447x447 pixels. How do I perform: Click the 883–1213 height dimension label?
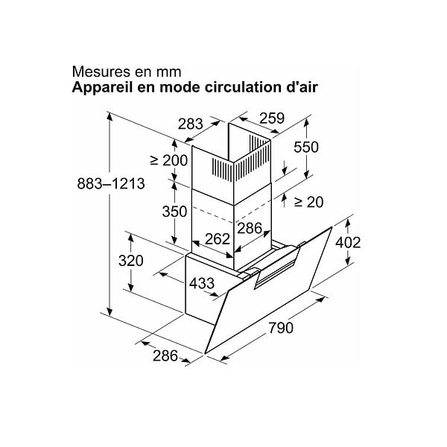pyautogui.click(x=111, y=183)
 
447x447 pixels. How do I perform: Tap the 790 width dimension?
pyautogui.click(x=281, y=328)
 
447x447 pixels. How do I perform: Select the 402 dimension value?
pyautogui.click(x=348, y=243)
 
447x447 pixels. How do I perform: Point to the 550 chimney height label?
pyautogui.click(x=306, y=148)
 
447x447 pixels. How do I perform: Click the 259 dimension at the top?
pyautogui.click(x=272, y=118)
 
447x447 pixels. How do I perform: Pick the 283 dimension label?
pyautogui.click(x=191, y=124)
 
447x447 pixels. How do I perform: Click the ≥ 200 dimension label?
pyautogui.click(x=169, y=160)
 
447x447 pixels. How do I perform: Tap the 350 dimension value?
pyautogui.click(x=174, y=212)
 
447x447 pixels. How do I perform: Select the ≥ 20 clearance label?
pyautogui.click(x=308, y=202)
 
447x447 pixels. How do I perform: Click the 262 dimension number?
pyautogui.click(x=218, y=239)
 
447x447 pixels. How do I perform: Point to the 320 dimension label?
pyautogui.click(x=131, y=261)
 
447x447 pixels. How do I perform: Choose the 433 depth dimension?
pyautogui.click(x=202, y=283)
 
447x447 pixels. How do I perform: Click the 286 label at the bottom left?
pyautogui.click(x=165, y=356)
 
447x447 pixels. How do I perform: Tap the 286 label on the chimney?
pyautogui.click(x=250, y=228)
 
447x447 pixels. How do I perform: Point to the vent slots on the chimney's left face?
pyautogui.click(x=222, y=170)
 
